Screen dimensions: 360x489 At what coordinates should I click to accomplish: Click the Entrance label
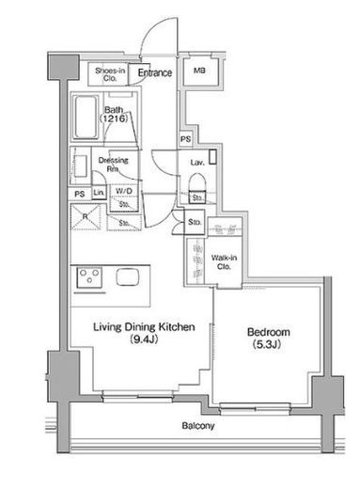(155, 72)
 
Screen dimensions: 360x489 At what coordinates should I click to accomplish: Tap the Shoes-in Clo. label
(110, 74)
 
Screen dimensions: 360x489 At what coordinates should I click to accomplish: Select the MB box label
(199, 71)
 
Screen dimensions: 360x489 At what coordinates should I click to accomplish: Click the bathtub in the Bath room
(86, 117)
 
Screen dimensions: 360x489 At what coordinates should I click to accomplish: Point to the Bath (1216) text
(114, 114)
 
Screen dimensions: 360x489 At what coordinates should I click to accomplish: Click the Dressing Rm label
(113, 165)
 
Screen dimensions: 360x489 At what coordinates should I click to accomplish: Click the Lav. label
(197, 162)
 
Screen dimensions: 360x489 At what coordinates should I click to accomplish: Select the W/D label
(124, 191)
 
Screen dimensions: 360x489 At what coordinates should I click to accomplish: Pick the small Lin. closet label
(99, 192)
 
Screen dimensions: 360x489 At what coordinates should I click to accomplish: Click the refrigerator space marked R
(86, 216)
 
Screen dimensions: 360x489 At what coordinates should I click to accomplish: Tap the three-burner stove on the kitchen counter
(89, 277)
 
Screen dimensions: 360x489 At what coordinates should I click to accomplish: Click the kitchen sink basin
(128, 276)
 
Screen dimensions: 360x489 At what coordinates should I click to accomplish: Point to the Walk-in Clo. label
(224, 262)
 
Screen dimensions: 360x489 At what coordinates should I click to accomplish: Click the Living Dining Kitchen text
(144, 326)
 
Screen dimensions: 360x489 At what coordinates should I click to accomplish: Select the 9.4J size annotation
(144, 339)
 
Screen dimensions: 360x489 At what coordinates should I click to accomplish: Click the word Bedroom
(269, 332)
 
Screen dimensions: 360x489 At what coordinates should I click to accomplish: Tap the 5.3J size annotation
(267, 344)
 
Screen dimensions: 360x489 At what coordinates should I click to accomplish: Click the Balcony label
(198, 426)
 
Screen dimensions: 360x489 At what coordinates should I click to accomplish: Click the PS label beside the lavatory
(185, 138)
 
